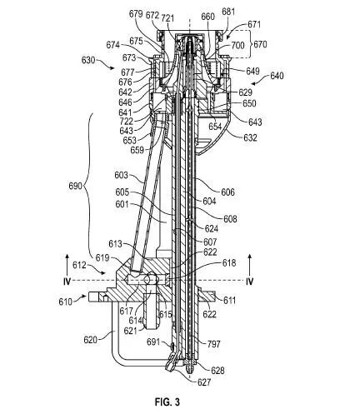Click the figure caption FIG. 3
pos(167,402)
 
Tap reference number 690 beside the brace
pos(76,186)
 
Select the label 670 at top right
pos(260,44)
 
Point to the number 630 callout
pos(88,60)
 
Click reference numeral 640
pos(277,76)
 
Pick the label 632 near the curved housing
pos(250,137)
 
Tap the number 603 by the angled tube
pos(121,175)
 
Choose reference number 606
pos(227,192)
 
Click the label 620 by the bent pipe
pos(91,339)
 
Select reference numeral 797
pos(213,344)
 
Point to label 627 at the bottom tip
pos(204,382)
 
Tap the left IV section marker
pos(67,282)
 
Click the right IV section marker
pos(250,282)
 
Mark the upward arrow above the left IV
pos(67,265)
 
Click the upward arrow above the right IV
pos(250,265)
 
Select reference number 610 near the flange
pos(66,302)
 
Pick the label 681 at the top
pos(228,12)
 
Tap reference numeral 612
pos(79,265)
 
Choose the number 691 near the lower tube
pos(153,342)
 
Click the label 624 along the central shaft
pos(212,228)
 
